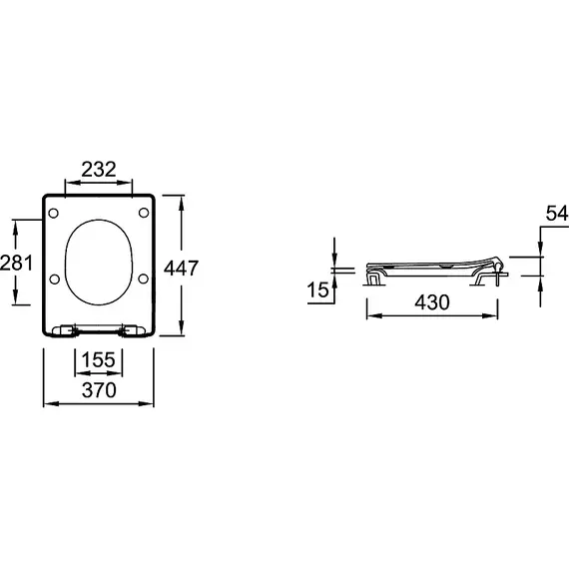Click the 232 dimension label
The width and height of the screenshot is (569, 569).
(x=99, y=169)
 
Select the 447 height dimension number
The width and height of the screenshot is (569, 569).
(x=181, y=269)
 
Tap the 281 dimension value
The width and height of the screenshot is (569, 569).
(x=16, y=263)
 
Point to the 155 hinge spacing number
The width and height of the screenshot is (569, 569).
(x=98, y=360)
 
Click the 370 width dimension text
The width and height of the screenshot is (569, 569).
(x=99, y=390)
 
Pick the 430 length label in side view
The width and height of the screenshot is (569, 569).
(x=432, y=301)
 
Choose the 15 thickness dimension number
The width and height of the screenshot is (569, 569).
(x=317, y=289)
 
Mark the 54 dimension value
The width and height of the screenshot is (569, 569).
(x=557, y=213)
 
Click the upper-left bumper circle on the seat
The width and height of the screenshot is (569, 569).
(x=53, y=213)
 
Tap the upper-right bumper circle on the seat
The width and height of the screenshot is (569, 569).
(x=144, y=213)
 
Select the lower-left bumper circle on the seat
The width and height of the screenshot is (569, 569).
(x=55, y=280)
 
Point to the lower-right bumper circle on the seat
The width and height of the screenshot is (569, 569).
(x=144, y=279)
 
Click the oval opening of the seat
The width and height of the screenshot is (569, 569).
(x=99, y=220)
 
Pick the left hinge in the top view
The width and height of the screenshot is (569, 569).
(x=65, y=330)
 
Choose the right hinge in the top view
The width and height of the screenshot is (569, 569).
(x=133, y=330)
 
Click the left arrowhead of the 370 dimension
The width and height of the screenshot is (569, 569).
(x=50, y=403)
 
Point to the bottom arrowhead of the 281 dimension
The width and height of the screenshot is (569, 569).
(x=15, y=296)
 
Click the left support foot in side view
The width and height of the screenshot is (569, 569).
(x=374, y=280)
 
